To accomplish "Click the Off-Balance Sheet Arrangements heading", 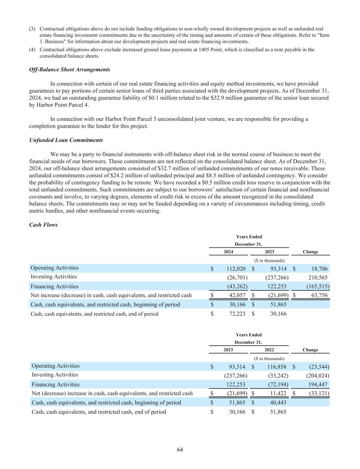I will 70,69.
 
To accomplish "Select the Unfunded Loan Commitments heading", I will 66,140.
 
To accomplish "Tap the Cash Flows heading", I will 43,225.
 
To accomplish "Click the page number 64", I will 180,450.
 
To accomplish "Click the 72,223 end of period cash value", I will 236,314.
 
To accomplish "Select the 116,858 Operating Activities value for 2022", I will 277,367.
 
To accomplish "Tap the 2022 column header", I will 269,350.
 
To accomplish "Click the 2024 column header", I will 228,252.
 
